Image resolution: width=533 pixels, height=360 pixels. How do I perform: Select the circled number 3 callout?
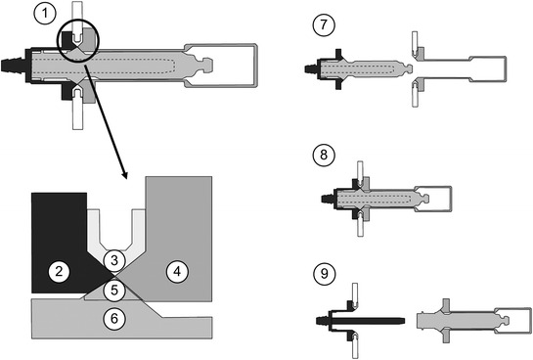[114, 260]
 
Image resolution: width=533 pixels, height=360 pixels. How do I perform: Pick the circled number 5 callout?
[114, 290]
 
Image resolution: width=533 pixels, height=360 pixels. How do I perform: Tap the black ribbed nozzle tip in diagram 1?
[12, 66]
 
